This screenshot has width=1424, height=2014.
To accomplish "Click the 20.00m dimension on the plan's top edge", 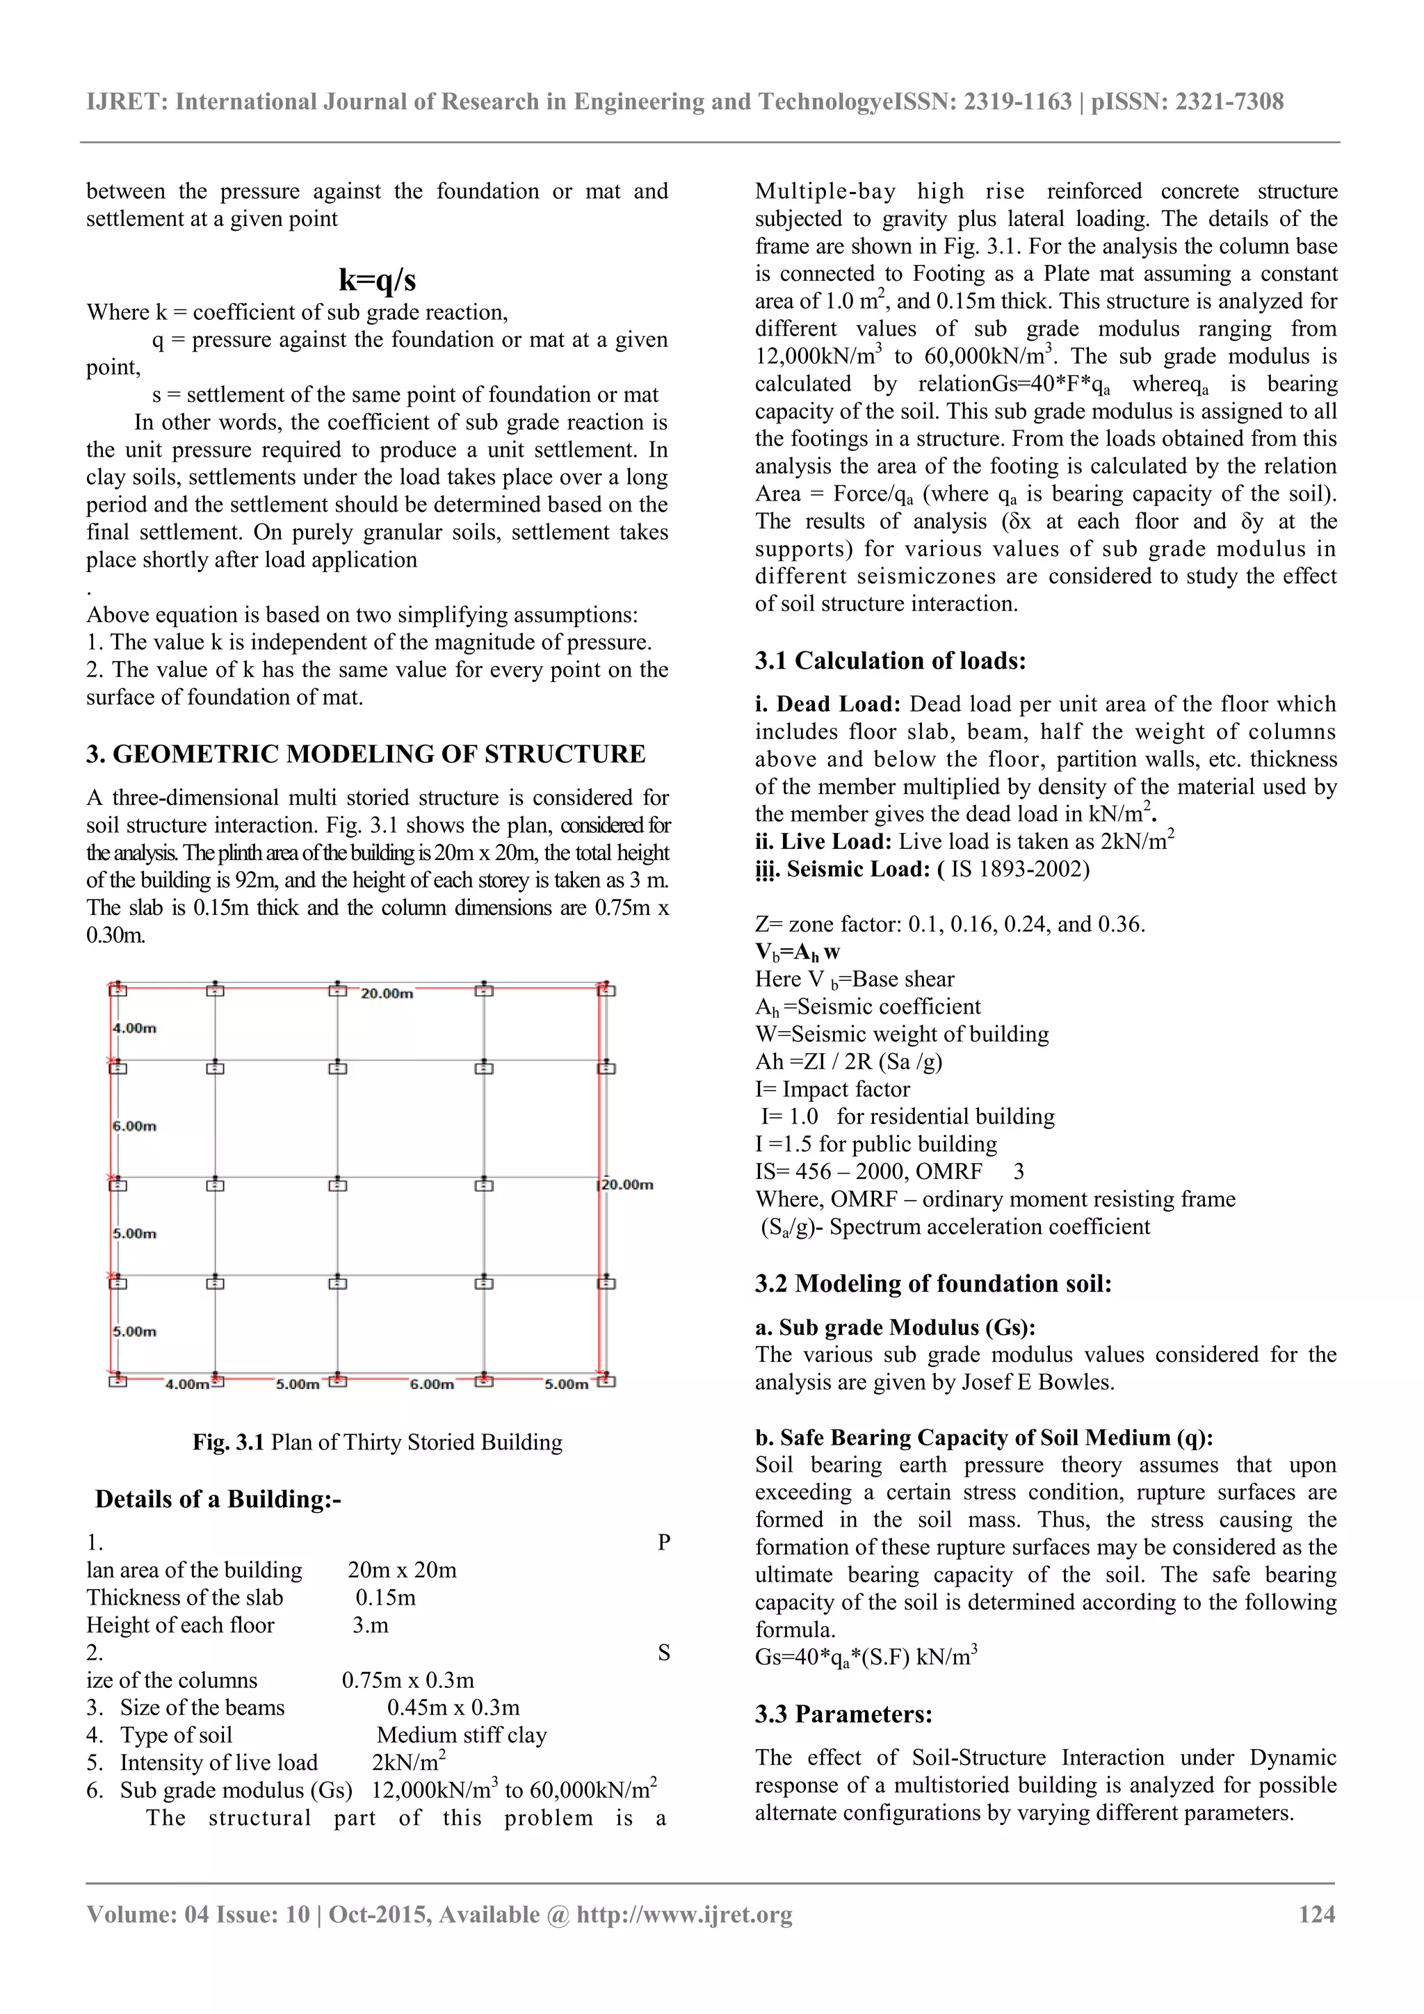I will pos(387,994).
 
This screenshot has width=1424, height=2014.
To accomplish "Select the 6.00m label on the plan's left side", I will pos(134,1126).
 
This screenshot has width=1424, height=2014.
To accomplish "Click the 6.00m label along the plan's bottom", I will pos(432,1384).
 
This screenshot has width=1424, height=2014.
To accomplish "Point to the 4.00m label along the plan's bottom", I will pos(187,1384).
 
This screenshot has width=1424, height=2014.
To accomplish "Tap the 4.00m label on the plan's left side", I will pos(134,1028).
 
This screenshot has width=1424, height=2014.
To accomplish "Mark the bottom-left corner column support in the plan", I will pos(118,1381).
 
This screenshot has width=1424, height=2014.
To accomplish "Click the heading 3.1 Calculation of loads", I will pos(890,660).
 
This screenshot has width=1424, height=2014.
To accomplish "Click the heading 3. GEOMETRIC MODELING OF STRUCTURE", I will pos(365,754).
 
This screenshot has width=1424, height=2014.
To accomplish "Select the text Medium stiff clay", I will pos(462,1735).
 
